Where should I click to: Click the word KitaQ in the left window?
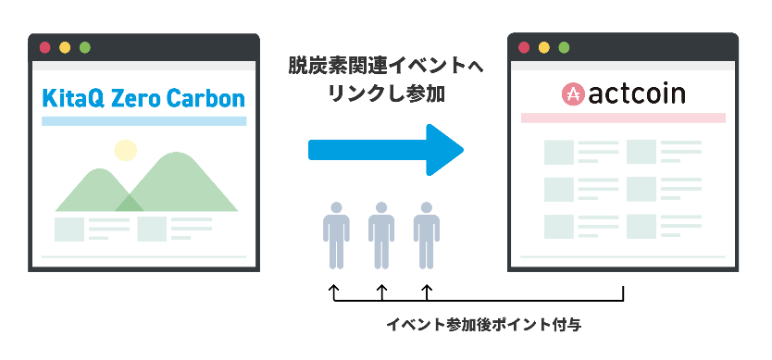71,98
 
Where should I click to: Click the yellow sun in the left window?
125,150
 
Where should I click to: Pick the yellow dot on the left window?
65,47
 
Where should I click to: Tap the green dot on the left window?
85,47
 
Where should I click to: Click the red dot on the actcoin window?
524,47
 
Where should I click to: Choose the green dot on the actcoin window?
566,47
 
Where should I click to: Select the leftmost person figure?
336,235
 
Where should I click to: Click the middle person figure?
381,235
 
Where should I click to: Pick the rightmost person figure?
426,235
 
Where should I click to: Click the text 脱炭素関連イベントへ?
384,70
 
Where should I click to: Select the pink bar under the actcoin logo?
622,118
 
